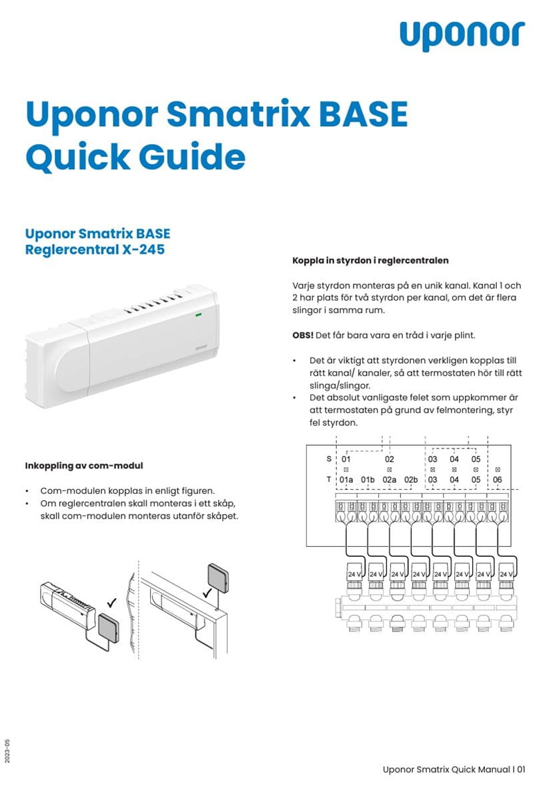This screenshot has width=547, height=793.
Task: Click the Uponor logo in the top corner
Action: point(462,35)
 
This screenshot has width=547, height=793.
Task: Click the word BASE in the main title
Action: point(359,115)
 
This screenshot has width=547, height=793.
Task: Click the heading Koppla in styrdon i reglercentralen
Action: point(370,260)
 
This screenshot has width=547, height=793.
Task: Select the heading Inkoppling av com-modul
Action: point(84,465)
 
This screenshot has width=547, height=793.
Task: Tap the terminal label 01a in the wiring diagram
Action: point(346,480)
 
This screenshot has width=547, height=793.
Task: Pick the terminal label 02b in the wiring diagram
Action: point(411,480)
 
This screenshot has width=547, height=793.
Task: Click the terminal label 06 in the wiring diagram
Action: point(497,480)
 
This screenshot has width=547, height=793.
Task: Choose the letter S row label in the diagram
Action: point(328,459)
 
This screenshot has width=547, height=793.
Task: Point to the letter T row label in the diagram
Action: point(328,480)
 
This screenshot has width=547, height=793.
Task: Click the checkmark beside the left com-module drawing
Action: point(111,603)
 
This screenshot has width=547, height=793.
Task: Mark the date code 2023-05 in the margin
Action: point(7,751)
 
